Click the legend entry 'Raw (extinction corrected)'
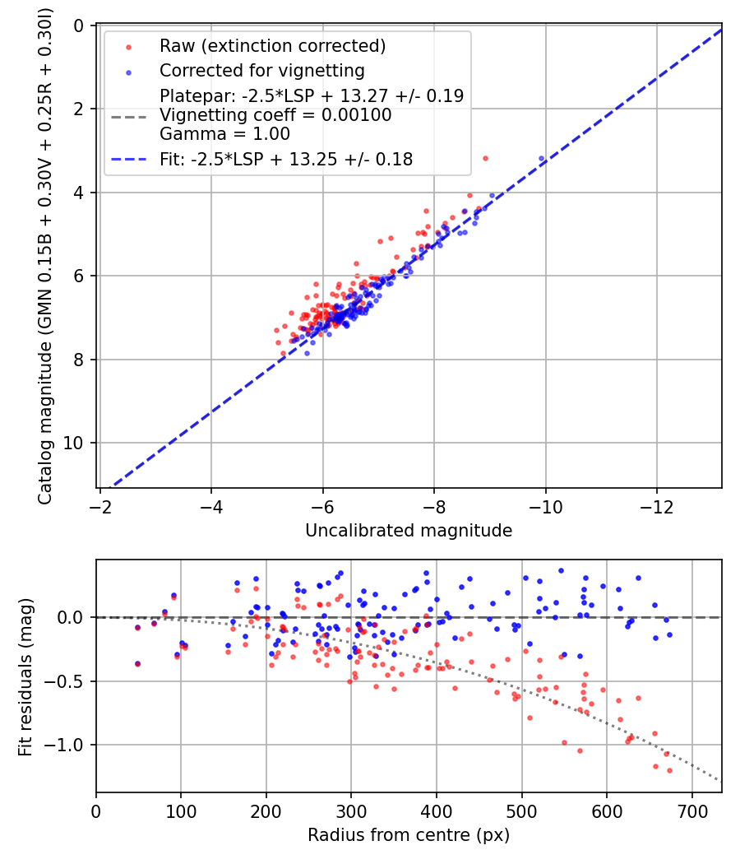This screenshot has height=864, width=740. point(272,46)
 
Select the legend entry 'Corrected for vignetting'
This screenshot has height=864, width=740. point(262,71)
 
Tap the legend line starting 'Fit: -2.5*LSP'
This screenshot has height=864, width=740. point(286,160)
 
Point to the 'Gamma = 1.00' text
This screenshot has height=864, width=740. point(224,134)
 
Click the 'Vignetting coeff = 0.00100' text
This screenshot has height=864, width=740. point(275,115)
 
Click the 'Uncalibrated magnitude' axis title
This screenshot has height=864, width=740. point(409,530)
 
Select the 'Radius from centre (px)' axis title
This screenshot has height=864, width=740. point(409,835)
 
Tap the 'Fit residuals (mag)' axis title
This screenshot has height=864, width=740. point(25,676)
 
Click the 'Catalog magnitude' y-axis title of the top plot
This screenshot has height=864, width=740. point(44,256)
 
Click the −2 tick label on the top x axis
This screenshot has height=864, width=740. point(99,506)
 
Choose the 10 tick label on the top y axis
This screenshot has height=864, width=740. point(73,443)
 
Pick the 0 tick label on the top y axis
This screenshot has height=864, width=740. point(78,26)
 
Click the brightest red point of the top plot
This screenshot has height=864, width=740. point(485,159)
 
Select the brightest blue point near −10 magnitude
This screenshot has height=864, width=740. point(541,158)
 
